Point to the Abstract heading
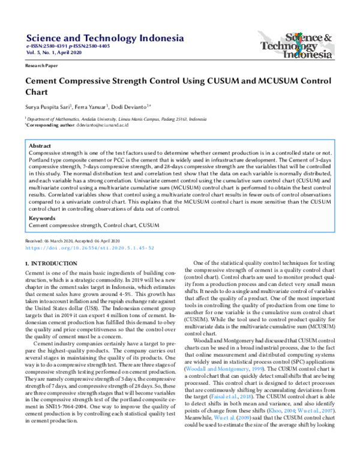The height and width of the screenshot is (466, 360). [x=40, y=145]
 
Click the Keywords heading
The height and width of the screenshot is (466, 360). [x=43, y=219]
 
